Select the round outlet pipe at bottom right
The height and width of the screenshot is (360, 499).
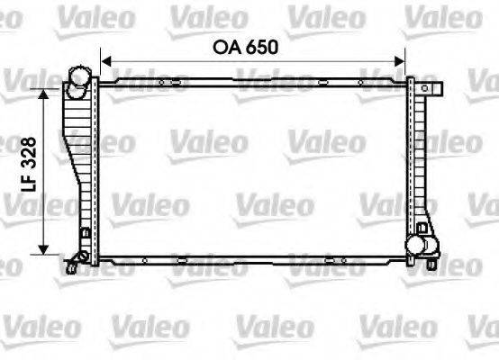pyautogui.click(x=415, y=242)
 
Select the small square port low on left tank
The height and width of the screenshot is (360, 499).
pyautogui.click(x=84, y=236)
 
